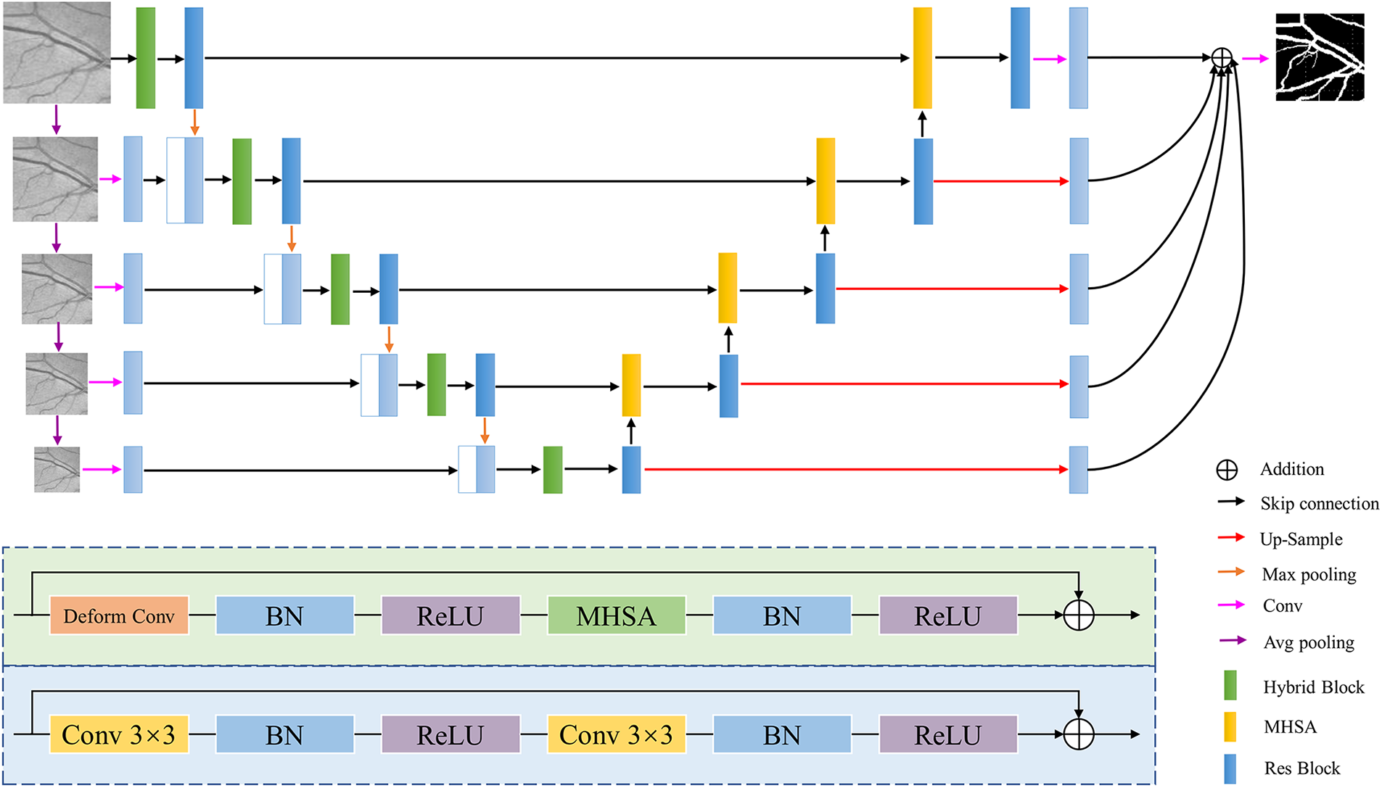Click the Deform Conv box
[119, 616]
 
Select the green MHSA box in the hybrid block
[616, 616]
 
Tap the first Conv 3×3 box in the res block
[119, 734]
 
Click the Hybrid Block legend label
[1313, 687]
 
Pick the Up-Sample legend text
[1301, 539]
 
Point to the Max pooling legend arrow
[1231, 572]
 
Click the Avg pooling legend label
[1309, 643]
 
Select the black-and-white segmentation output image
[1320, 57]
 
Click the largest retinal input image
[57, 52]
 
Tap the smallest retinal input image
[57, 470]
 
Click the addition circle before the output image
[1222, 58]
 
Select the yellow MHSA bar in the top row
[922, 58]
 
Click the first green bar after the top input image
[146, 58]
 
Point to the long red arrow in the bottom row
[856, 470]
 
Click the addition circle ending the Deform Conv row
[1079, 615]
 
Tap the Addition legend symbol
[1227, 470]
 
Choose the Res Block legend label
[1301, 768]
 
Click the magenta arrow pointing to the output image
[1255, 59]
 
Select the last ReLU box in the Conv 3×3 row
[948, 734]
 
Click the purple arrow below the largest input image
[57, 120]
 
